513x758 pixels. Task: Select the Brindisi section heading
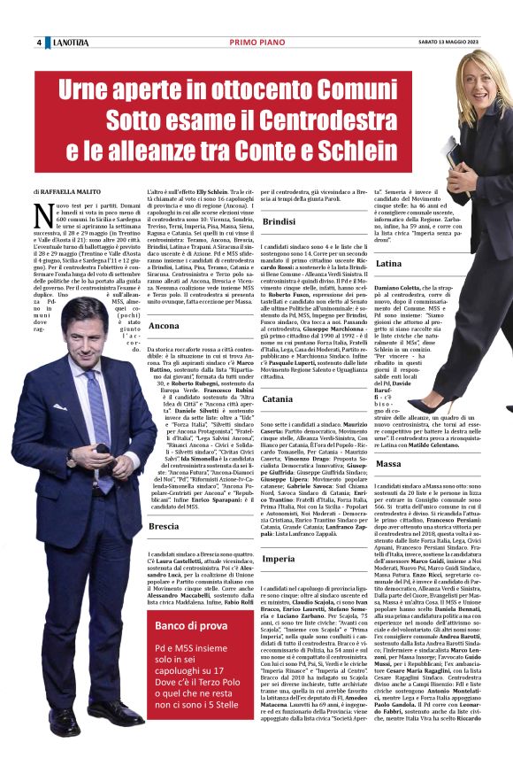tap(278, 220)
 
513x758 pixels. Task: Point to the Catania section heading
tap(277, 399)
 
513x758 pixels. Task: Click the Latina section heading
tap(389, 264)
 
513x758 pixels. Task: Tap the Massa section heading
tap(388, 463)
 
